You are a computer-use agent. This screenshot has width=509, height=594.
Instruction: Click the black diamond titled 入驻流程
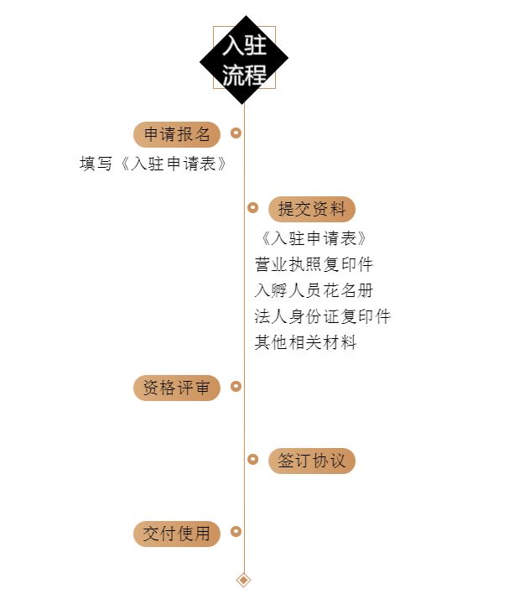(x=244, y=60)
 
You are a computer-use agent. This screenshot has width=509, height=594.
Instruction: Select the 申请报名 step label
(x=177, y=134)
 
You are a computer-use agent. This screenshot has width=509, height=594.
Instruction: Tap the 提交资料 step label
(x=312, y=209)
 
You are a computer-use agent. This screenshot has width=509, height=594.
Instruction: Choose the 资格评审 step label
(x=177, y=388)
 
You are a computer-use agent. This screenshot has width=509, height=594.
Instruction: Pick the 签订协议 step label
(x=312, y=461)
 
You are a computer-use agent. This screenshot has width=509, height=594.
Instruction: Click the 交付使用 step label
(x=177, y=534)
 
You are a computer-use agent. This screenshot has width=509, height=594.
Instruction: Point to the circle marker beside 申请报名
(x=236, y=133)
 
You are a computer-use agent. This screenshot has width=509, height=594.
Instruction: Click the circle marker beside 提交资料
(x=252, y=207)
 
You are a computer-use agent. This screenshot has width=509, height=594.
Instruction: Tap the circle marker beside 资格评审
(x=236, y=386)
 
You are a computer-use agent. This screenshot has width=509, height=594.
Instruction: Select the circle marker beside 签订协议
(x=252, y=459)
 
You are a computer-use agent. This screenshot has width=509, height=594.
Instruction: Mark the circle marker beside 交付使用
(x=236, y=531)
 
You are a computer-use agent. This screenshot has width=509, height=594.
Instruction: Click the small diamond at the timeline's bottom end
(x=244, y=580)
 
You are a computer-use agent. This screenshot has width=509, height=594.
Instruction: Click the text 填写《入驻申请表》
(x=153, y=164)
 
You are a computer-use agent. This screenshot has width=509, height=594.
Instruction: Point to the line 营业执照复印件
(x=314, y=265)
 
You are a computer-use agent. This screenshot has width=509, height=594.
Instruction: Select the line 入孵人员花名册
(x=314, y=291)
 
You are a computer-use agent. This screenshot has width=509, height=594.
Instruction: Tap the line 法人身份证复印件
(x=323, y=317)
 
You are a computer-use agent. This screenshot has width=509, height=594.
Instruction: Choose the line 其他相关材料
(x=305, y=343)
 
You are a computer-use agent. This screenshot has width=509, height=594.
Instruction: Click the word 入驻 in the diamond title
(x=244, y=45)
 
